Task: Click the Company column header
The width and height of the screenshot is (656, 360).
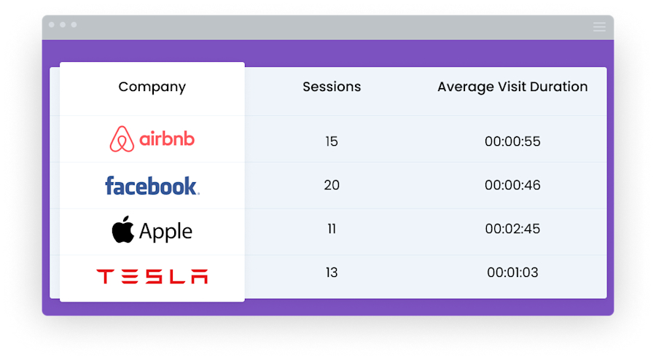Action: (x=152, y=87)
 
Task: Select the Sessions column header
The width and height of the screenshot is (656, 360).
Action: (x=332, y=87)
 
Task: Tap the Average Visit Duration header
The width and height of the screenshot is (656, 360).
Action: (x=512, y=87)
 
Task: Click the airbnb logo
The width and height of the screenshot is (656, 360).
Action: (x=152, y=138)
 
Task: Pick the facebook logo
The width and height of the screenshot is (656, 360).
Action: (x=152, y=186)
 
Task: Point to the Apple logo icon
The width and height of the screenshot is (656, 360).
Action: (x=123, y=230)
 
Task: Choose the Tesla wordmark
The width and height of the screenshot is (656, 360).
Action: (x=152, y=276)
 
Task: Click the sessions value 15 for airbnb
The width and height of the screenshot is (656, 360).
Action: (x=332, y=141)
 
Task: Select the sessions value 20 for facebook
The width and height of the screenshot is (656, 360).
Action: (x=332, y=185)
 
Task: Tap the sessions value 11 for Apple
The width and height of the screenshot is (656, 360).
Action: (x=332, y=229)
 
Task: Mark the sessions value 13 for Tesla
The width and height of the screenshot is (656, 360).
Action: (x=332, y=273)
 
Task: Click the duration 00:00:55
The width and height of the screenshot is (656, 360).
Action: (x=512, y=141)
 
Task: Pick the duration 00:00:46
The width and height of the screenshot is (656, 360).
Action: (x=512, y=185)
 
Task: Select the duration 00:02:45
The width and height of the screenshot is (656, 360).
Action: (x=512, y=229)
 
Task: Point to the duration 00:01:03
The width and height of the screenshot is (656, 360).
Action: (x=512, y=273)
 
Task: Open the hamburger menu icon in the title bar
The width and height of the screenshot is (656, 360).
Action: (x=599, y=27)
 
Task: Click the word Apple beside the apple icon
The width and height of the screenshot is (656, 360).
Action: (x=165, y=232)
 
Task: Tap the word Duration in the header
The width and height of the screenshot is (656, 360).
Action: (x=559, y=87)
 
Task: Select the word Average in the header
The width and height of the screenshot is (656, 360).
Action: (x=465, y=87)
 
